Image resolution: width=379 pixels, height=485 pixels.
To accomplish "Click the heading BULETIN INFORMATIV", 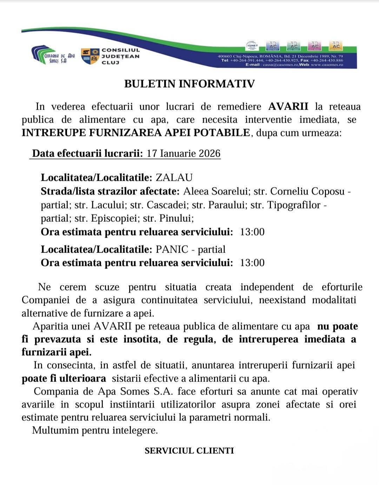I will [189, 84].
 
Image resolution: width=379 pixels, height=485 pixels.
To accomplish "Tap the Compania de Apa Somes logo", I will [53, 55].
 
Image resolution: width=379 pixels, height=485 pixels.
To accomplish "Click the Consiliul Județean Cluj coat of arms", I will [90, 56].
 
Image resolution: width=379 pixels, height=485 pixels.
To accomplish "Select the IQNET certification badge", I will [252, 46].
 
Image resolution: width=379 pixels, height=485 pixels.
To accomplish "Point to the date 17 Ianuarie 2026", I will [183, 153].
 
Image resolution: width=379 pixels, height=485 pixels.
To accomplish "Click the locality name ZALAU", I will [174, 177].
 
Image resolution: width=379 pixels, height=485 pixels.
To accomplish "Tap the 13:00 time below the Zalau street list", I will [252, 232].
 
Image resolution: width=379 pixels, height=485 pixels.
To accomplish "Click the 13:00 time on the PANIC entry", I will [252, 263].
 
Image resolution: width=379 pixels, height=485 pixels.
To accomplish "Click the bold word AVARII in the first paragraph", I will [288, 107].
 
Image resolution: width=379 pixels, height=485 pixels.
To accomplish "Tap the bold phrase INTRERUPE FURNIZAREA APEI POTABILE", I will [136, 133].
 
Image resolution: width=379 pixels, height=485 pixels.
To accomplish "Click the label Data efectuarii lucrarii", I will [87, 153].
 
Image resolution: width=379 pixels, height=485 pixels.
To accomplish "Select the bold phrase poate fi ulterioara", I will [64, 378].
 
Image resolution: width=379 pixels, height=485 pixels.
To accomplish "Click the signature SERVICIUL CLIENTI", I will [189, 451].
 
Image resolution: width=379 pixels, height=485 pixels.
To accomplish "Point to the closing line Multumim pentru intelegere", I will [95, 430].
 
